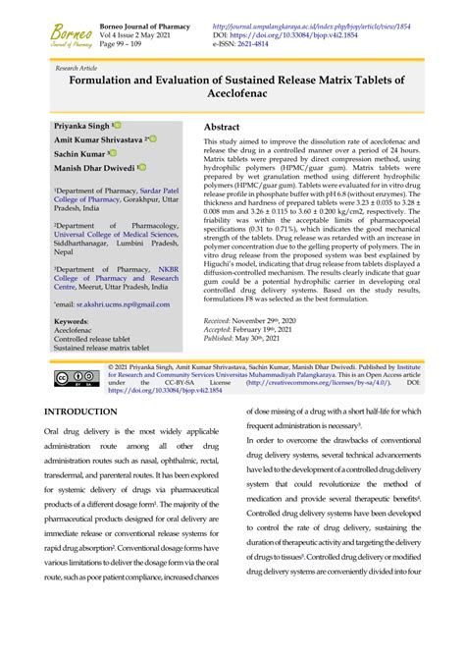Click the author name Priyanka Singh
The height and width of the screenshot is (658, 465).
click(x=81, y=127)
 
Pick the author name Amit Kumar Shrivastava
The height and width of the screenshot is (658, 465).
click(x=98, y=141)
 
